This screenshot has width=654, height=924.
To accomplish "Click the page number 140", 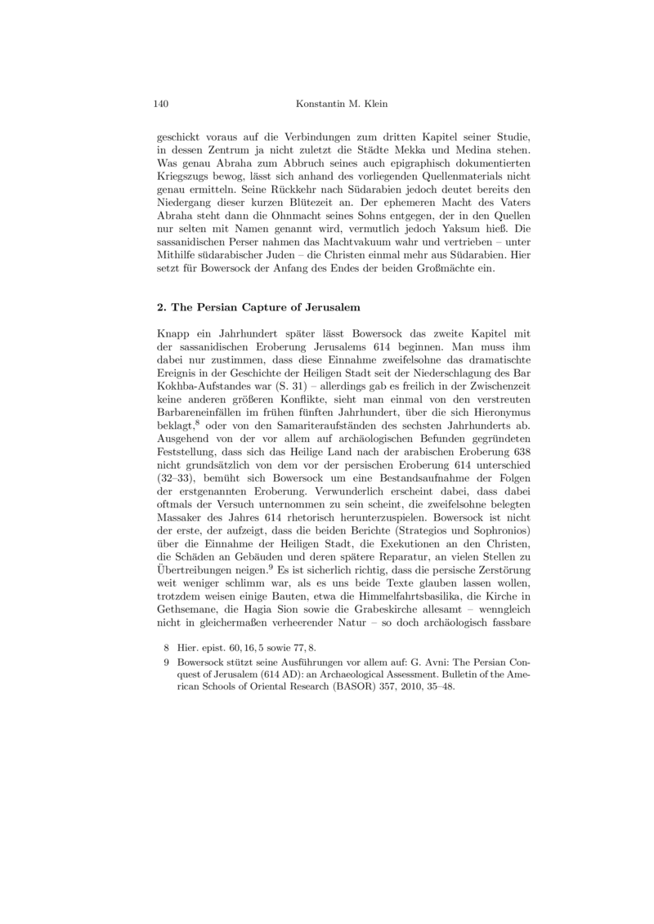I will click(x=161, y=105).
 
